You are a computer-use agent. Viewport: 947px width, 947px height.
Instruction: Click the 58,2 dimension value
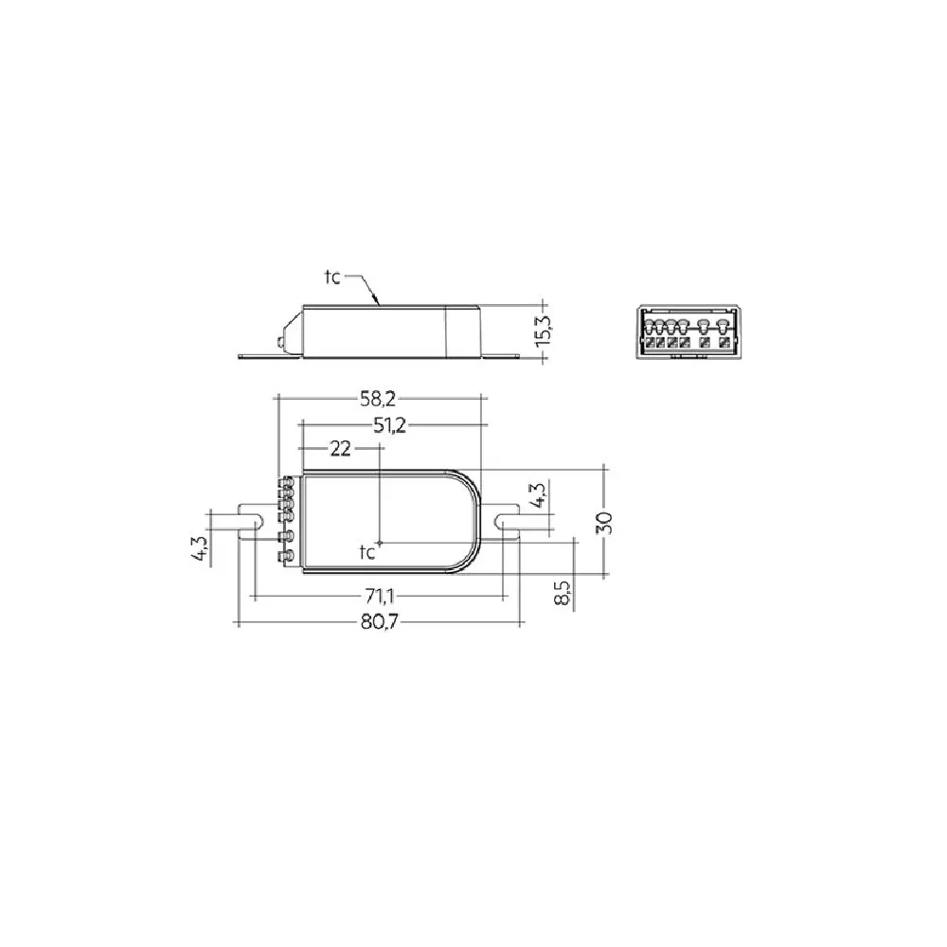tap(378, 399)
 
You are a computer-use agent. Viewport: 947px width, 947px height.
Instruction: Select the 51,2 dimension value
tap(389, 426)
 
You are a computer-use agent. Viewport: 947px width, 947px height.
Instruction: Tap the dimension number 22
tap(340, 448)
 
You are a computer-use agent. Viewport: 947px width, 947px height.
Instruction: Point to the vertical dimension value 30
tap(604, 523)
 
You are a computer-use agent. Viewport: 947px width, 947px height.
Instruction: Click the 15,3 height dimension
tap(543, 331)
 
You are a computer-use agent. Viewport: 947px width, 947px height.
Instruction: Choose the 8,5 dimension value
tap(562, 593)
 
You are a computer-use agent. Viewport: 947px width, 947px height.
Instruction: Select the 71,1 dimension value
tap(380, 597)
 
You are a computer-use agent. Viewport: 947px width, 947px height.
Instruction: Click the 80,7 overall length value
tap(380, 621)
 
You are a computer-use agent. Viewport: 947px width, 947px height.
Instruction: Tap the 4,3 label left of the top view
tap(201, 549)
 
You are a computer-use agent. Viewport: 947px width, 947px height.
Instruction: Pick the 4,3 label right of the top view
tap(540, 494)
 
